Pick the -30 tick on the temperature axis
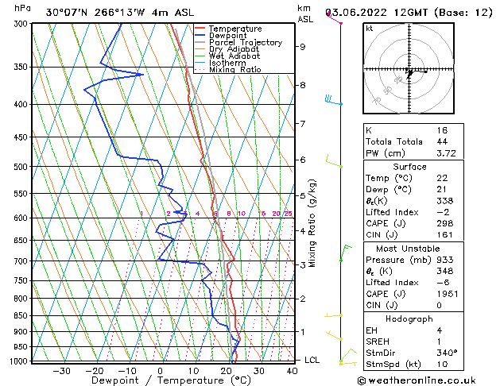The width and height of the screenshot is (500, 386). click(x=61, y=370)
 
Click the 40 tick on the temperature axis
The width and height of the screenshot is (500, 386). click(x=292, y=370)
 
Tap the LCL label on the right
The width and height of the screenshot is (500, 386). click(x=313, y=360)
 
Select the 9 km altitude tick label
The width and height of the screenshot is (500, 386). click(x=303, y=47)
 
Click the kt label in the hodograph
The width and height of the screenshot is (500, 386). click(x=369, y=28)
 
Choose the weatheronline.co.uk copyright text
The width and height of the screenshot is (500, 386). click(x=428, y=380)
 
